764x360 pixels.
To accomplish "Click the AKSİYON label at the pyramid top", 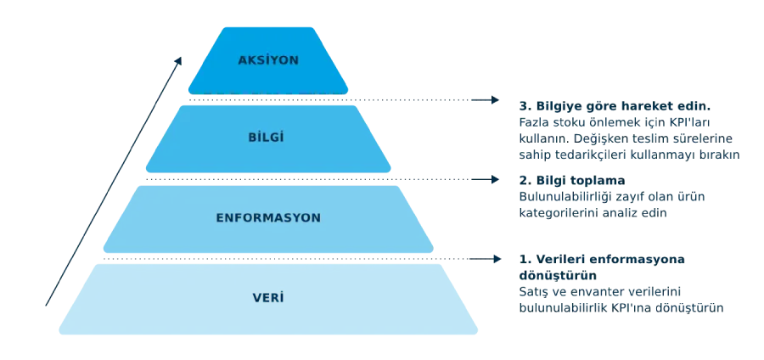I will (268, 60).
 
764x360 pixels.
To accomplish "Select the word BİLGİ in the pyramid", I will (268, 137).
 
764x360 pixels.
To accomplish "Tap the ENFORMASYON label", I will (268, 218).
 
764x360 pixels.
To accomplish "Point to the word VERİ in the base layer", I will (268, 298).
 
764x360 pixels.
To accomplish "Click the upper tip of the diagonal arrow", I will (179, 58).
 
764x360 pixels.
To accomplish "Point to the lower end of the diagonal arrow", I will (42, 310).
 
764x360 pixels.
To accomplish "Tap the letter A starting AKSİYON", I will (243, 60).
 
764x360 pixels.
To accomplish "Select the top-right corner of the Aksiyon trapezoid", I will (318, 25).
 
